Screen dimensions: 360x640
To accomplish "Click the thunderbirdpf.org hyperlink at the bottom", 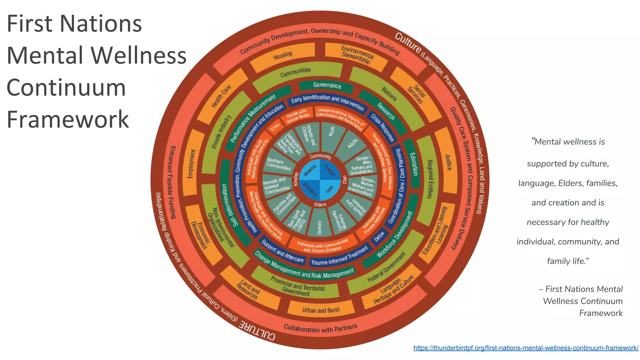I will (x=526, y=348).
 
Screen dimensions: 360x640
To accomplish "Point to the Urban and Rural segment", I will (x=321, y=310).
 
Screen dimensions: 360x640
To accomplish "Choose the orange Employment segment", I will (x=192, y=164).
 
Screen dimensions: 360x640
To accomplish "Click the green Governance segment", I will (x=327, y=85).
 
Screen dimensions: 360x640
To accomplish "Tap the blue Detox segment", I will (x=379, y=237).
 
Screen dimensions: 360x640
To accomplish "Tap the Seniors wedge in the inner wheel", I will (x=319, y=226).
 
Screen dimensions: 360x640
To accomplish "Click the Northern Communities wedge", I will (x=278, y=164).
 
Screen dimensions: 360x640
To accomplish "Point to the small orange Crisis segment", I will (x=275, y=127).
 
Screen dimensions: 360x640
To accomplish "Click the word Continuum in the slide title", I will (x=66, y=87).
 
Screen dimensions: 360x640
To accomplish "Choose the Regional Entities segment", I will (x=430, y=179).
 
